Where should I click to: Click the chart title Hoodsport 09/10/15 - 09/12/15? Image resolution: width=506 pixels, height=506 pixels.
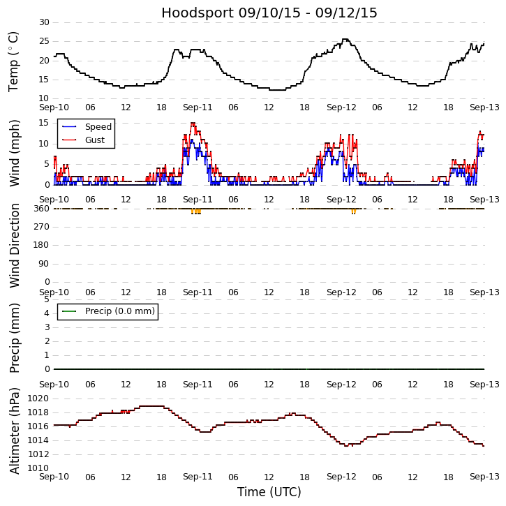tap(269, 13)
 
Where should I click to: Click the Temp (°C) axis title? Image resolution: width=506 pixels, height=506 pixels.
tap(14, 61)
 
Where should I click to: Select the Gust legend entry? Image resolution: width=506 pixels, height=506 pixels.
tap(95, 140)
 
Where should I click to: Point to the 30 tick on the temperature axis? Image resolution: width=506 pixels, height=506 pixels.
tap(44, 22)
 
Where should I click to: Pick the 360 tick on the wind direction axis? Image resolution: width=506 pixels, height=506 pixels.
tap(41, 209)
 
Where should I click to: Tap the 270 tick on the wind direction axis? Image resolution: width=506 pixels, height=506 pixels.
tap(41, 227)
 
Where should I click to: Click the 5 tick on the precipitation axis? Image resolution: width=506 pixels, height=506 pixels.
tap(47, 299)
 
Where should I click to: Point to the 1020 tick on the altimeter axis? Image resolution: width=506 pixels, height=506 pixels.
tap(38, 399)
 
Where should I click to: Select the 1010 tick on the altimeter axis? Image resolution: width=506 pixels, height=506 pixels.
tap(38, 468)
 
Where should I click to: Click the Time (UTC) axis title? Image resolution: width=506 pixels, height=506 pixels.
tap(269, 492)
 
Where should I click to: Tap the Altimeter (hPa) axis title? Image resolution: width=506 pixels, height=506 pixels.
tap(14, 431)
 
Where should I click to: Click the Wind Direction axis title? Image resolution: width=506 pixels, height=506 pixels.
tap(14, 246)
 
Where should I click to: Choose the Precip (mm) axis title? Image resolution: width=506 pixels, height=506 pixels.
tap(14, 338)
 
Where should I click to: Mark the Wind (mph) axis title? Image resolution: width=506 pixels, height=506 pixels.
tap(14, 153)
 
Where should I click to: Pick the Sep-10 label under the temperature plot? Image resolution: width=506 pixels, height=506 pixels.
tap(54, 107)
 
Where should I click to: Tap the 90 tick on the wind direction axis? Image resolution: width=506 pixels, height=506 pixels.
tap(44, 264)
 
